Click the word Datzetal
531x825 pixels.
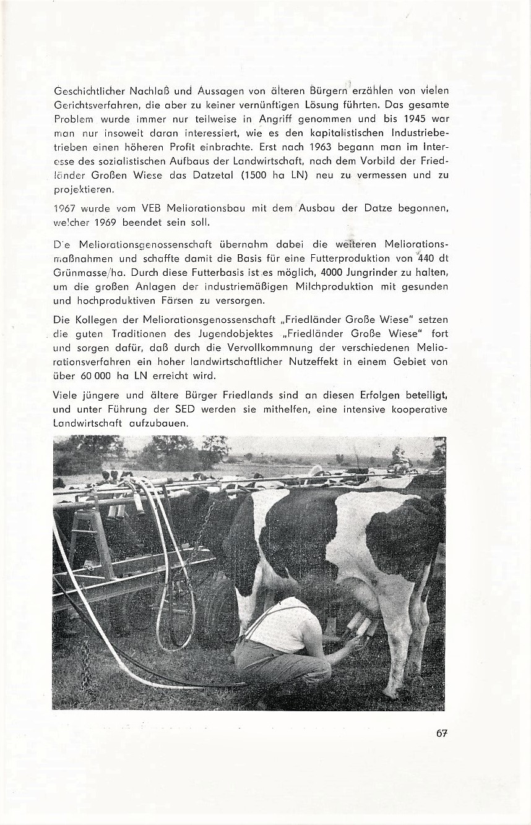(x=208, y=175)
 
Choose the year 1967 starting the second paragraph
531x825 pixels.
(x=64, y=208)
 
